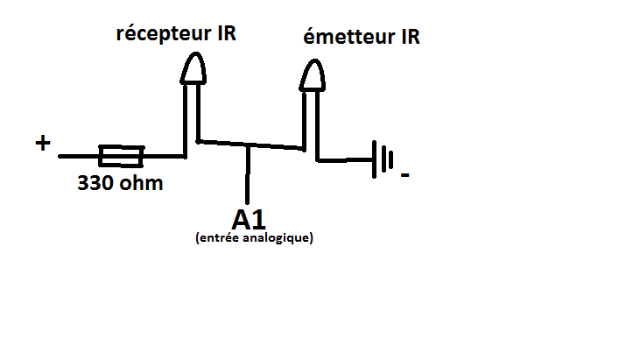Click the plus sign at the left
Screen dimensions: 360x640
42,143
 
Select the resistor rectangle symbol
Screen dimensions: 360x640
121,157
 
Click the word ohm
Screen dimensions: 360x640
139,185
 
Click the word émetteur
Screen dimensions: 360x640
346,39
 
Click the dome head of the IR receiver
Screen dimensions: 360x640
193,69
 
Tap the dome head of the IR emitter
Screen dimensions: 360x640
313,76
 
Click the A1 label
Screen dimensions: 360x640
250,218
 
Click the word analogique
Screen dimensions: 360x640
276,237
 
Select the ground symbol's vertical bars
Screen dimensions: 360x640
383,159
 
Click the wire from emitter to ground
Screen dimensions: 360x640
345,159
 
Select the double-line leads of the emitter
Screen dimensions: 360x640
311,120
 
